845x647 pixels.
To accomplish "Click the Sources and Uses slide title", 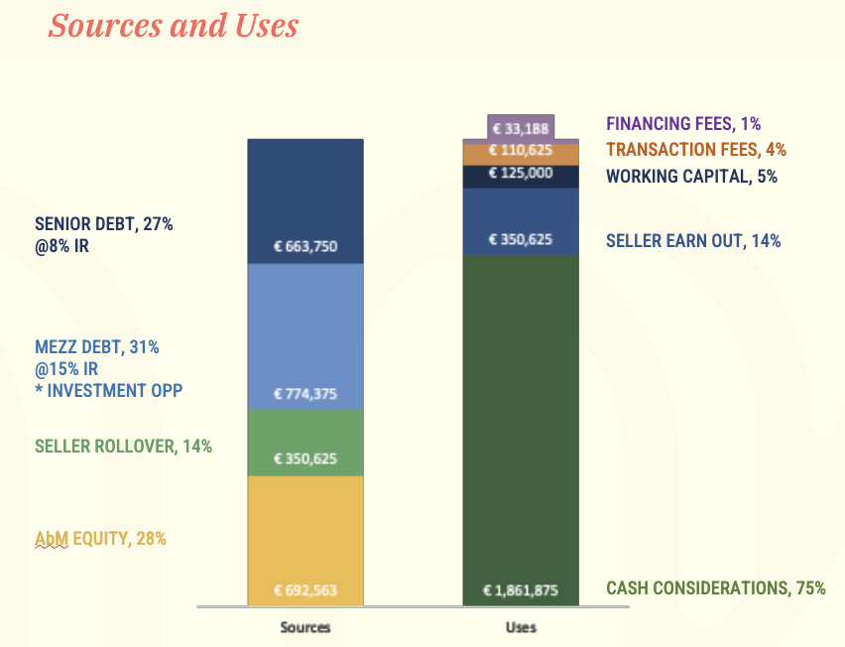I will coord(173,25).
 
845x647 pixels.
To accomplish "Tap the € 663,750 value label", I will coord(305,246).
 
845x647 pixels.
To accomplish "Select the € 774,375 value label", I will coord(305,394).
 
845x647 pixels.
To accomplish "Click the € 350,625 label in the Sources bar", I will coord(305,459).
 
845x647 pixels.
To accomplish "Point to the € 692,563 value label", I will coord(305,590).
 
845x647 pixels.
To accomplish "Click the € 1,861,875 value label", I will coord(521,590).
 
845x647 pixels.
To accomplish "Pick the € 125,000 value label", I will coord(521,174).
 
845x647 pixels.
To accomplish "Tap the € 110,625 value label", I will coord(521,152).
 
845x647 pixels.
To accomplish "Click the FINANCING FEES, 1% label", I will coord(683,124).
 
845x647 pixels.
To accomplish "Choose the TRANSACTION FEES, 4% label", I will coord(696,150).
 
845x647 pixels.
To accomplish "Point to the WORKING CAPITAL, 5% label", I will coord(691,177).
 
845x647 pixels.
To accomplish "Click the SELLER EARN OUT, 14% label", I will coord(693,240).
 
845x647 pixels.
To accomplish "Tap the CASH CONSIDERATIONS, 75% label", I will coord(716,587).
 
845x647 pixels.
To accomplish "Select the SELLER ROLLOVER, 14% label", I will coord(124,447).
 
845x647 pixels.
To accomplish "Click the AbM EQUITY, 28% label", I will coord(100,539).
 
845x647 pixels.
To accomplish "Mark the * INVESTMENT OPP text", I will coord(109,390).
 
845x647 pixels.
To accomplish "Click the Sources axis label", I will coord(305,627).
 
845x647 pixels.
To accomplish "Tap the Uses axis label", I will coord(521,627).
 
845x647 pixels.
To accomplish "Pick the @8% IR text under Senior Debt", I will coord(62,244).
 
